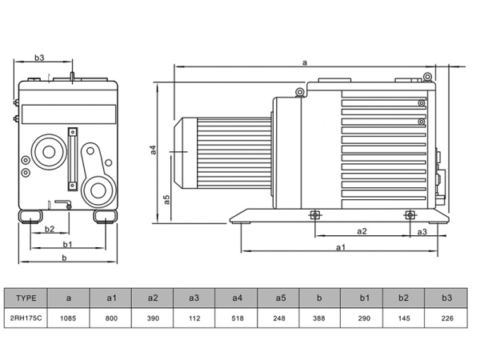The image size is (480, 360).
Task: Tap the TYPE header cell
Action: click(26, 298)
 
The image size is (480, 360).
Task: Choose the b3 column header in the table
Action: click(447, 298)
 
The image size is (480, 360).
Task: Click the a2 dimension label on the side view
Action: click(361, 231)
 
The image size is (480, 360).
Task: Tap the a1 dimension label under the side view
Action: click(341, 247)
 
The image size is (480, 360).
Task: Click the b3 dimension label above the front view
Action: click(39, 58)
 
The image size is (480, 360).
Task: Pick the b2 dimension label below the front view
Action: click(49, 230)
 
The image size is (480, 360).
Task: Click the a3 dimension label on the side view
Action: click(422, 231)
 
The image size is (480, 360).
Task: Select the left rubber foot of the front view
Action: click(33, 214)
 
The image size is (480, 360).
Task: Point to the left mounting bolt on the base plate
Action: click(314, 214)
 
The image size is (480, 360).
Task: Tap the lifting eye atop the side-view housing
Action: click(299, 92)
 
